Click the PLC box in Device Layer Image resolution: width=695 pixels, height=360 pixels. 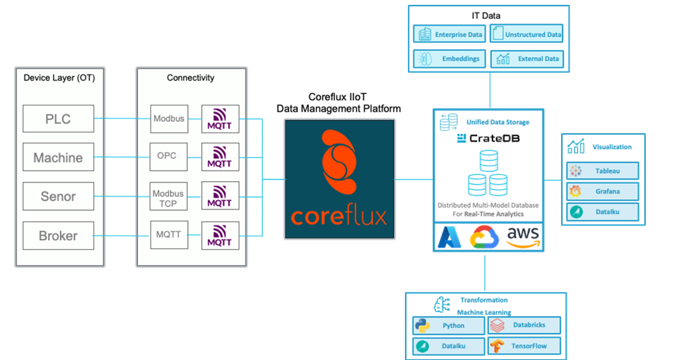coord(58,119)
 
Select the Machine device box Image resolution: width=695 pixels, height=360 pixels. coord(58,157)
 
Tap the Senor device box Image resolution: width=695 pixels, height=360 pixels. coord(58,196)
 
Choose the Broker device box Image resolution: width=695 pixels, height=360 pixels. coord(58,235)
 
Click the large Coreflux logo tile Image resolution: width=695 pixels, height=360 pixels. coord(339,179)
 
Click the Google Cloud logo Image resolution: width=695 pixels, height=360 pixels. coord(485,238)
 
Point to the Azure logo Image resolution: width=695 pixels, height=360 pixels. coord(449,238)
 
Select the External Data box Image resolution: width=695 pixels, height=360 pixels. coord(527,59)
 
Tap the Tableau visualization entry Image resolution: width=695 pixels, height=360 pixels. coord(602,170)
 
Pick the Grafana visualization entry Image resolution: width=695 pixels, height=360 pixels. coord(602,191)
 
